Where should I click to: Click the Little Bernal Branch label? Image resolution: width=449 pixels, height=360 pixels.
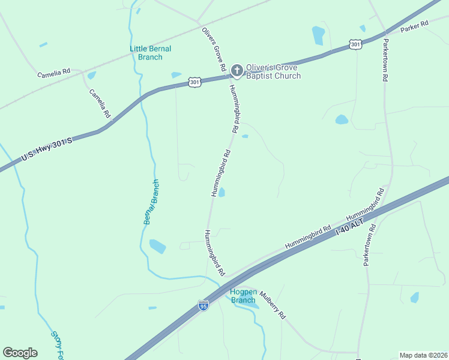pyautogui.click(x=151, y=53)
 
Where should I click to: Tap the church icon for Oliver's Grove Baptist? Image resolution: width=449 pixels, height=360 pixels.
pyautogui.click(x=237, y=71)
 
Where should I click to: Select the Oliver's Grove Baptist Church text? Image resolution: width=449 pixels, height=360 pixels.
pyautogui.click(x=273, y=71)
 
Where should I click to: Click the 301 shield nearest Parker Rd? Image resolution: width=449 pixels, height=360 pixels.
pyautogui.click(x=355, y=44)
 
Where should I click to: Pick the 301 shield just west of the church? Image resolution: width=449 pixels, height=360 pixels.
pyautogui.click(x=194, y=81)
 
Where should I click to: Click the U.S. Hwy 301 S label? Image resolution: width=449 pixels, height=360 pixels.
pyautogui.click(x=47, y=149)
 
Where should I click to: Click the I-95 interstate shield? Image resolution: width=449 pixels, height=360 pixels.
pyautogui.click(x=204, y=306)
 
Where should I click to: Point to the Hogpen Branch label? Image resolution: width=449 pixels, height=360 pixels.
pyautogui.click(x=243, y=296)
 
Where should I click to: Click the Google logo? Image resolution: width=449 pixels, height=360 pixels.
pyautogui.click(x=20, y=353)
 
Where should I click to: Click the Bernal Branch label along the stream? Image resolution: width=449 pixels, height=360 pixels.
pyautogui.click(x=151, y=202)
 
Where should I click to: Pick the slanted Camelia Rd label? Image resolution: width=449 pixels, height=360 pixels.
pyautogui.click(x=100, y=103)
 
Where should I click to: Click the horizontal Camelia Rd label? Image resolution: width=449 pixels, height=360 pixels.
pyautogui.click(x=54, y=74)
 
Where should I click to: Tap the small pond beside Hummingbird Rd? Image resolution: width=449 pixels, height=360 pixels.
pyautogui.click(x=221, y=193)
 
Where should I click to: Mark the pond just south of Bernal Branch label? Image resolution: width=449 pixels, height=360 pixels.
pyautogui.click(x=157, y=246)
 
